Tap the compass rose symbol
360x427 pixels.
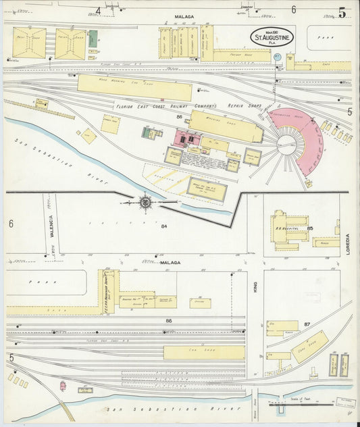pyautogui.click(x=145, y=201)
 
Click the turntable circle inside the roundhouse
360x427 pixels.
pyautogui.click(x=288, y=143)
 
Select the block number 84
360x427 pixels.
pyautogui.click(x=163, y=227)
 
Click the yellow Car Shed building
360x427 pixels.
pyautogui.click(x=204, y=352)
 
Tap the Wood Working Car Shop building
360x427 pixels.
pyautogui.click(x=134, y=87)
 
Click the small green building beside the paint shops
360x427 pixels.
pyautogui.click(x=93, y=39)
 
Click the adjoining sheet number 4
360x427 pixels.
pyautogui.click(x=98, y=10)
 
